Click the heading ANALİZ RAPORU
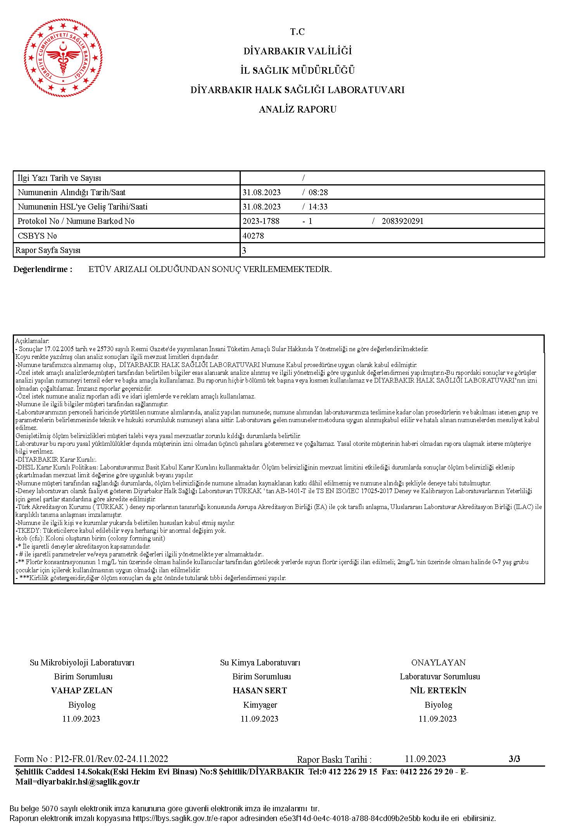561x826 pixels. [297, 109]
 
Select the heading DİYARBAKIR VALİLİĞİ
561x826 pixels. [297, 51]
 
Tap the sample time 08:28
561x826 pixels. [318, 192]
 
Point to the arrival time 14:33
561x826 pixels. [318, 207]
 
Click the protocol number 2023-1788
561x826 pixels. [261, 221]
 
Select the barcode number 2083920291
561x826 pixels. [402, 221]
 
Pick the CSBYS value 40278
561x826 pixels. [253, 236]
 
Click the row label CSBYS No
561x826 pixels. [37, 236]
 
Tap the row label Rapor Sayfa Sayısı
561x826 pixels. [48, 250]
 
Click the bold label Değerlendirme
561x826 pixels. [43, 269]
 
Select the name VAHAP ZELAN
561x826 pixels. [82, 690]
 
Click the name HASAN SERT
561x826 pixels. [260, 690]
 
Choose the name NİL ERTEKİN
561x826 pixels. [438, 690]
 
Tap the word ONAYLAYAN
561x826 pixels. [438, 662]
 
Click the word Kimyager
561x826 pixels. [260, 705]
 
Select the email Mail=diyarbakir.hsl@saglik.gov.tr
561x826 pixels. [78, 782]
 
